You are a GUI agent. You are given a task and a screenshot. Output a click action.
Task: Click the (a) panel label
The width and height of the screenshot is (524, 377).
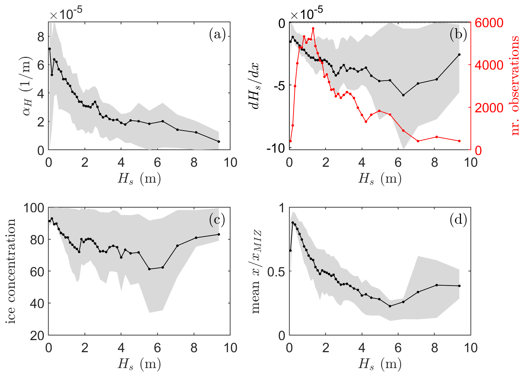click(x=217, y=34)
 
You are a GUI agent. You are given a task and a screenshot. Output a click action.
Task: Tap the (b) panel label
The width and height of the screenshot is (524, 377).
click(x=458, y=34)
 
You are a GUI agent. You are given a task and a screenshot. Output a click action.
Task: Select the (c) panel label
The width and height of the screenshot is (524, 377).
click(x=217, y=220)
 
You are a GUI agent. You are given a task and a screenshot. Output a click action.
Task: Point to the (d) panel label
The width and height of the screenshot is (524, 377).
click(x=458, y=220)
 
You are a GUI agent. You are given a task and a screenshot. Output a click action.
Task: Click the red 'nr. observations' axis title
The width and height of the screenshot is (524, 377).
click(x=515, y=86)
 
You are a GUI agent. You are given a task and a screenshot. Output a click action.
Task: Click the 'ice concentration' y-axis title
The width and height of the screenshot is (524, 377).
click(x=11, y=271)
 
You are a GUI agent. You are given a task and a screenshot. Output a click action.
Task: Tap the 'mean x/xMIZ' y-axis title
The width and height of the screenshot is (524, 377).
click(x=255, y=271)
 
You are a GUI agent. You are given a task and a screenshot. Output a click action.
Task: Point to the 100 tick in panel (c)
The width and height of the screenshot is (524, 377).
click(x=34, y=208)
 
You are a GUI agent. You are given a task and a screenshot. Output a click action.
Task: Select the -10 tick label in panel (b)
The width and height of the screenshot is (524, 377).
click(x=275, y=149)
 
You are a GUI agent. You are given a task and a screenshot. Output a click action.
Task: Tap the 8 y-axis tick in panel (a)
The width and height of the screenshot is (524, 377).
click(x=41, y=37)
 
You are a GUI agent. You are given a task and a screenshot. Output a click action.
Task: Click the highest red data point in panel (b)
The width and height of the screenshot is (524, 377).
click(x=313, y=29)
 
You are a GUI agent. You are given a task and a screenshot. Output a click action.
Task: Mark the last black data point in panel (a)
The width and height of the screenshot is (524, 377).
click(x=219, y=142)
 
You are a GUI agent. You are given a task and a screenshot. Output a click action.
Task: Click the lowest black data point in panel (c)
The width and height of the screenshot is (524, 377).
click(x=149, y=269)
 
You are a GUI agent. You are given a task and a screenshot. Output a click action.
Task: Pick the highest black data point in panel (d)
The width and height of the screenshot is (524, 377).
click(x=293, y=223)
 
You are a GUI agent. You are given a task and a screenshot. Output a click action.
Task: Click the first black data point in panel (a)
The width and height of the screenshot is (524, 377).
click(x=50, y=49)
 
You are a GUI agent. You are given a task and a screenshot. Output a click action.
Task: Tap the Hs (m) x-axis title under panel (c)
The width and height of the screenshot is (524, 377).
click(x=139, y=364)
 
